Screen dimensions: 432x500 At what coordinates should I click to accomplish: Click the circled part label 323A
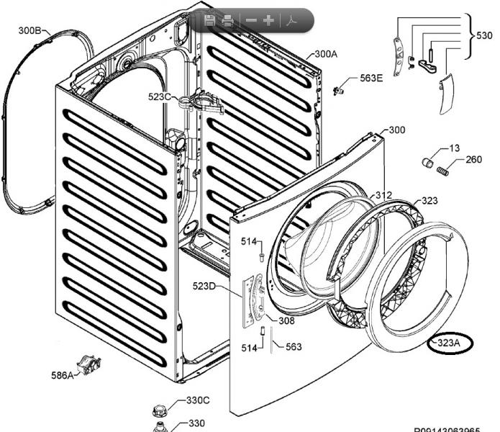point(448,343)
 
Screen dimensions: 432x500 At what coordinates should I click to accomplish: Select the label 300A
point(325,54)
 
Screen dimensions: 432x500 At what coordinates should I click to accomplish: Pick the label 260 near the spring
point(473,160)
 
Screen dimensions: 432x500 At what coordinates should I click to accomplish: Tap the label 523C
point(160,96)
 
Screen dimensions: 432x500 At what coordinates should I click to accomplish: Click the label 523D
point(204,287)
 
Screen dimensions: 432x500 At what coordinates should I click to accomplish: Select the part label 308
point(286,321)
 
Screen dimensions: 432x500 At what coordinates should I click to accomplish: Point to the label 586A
point(62,375)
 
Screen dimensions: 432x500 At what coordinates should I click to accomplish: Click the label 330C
point(198,400)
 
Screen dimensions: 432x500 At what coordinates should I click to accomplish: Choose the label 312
point(383,195)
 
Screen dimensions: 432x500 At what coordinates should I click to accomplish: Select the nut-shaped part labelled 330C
point(160,411)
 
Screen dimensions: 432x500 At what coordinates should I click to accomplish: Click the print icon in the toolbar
point(227,20)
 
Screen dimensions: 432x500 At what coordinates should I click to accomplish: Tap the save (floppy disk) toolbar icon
point(209,20)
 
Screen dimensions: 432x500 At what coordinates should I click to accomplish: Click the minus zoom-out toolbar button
point(250,20)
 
